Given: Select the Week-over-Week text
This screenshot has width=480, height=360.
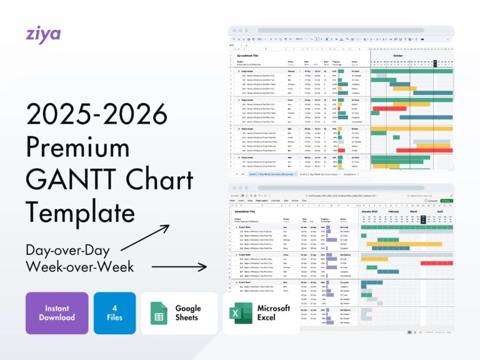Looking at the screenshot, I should (x=81, y=267).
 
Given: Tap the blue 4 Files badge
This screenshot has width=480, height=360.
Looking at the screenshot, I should (x=114, y=312).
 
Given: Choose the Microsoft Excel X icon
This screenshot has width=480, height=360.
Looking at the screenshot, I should (x=240, y=313).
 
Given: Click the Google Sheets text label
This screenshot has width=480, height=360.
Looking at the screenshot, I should (x=188, y=312).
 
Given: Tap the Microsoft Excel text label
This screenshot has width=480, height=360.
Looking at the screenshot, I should (x=274, y=312).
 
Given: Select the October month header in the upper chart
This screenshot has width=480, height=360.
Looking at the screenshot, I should (x=397, y=55).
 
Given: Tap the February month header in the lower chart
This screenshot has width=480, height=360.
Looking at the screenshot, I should (x=394, y=212).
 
